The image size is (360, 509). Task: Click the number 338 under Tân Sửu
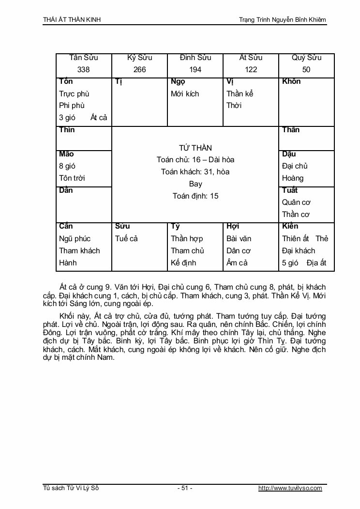[84, 70]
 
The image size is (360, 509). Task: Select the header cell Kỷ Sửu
[139, 58]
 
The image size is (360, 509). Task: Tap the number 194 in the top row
[195, 70]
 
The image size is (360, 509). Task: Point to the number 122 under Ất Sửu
[251, 70]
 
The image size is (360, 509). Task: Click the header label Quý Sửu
[306, 58]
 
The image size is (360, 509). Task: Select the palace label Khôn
[291, 81]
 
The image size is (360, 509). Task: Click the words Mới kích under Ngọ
[185, 93]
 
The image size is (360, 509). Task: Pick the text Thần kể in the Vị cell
[240, 93]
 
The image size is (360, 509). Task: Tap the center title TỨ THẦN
[195, 148]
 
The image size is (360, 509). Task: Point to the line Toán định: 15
[195, 196]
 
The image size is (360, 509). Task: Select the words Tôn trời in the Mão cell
[72, 178]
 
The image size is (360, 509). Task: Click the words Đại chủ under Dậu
[295, 166]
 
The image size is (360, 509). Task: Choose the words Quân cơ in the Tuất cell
[296, 202]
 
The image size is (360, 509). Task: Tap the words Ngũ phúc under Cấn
[75, 239]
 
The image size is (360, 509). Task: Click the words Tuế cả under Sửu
[127, 239]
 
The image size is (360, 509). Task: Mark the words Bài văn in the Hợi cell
[239, 239]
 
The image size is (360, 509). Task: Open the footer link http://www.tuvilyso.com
[290, 488]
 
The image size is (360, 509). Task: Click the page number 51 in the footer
[185, 488]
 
